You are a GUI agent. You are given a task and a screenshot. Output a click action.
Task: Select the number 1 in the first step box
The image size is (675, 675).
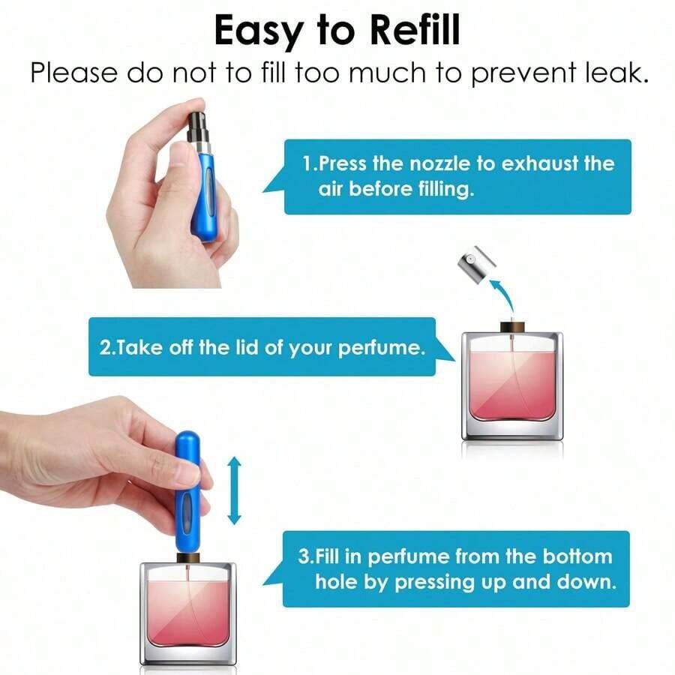click(307, 163)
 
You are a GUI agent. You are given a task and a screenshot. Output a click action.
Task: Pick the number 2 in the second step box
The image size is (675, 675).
click(104, 348)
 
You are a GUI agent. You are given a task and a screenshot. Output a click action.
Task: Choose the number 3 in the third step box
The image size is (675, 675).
click(304, 556)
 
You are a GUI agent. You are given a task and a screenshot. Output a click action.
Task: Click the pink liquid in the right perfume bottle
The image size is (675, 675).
click(512, 390)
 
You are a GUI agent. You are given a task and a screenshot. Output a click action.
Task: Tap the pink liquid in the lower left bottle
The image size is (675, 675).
click(187, 611)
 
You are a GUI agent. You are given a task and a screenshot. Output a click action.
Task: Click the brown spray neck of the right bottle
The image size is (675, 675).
click(511, 325)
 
